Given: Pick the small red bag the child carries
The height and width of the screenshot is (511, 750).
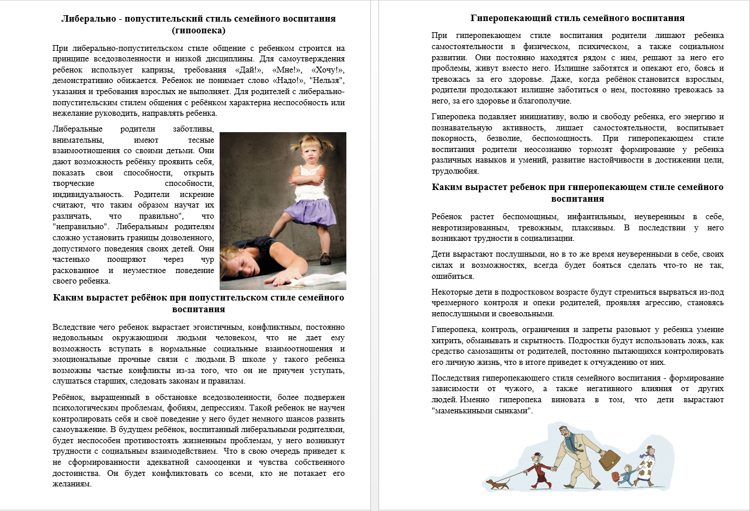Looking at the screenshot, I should click(x=616, y=477).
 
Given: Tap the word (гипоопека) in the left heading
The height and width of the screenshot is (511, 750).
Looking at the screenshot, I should click(x=199, y=30).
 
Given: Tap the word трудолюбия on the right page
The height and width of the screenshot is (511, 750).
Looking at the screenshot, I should click(x=455, y=171).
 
